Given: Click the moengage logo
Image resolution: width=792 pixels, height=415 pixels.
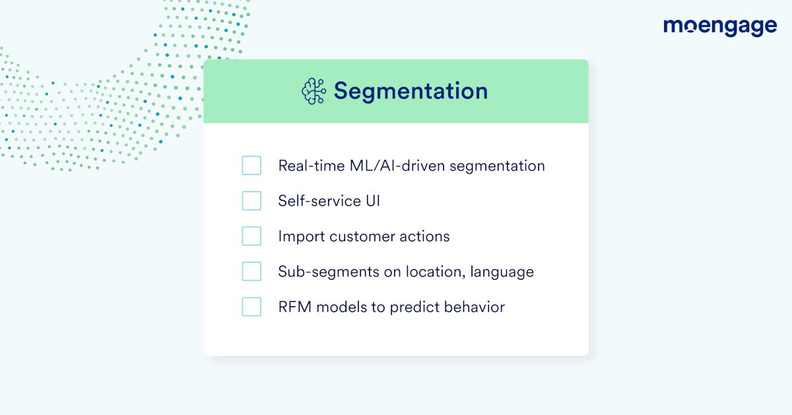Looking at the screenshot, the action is (720, 27).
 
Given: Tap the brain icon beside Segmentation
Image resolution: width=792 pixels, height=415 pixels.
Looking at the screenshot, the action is (314, 91).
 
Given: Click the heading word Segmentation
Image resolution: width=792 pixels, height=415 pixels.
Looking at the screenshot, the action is (411, 92).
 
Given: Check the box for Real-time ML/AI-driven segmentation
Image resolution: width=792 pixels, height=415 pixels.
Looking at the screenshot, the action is (251, 165).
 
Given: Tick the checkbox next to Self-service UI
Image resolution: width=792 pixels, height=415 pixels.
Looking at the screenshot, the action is (251, 201).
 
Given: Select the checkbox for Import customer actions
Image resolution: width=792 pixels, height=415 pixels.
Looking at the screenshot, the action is (251, 236).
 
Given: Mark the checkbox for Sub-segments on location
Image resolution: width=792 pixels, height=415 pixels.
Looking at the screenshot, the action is (251, 271).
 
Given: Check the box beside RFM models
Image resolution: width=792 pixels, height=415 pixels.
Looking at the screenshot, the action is (251, 307).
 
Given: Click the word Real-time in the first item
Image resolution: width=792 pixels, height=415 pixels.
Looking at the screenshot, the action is (312, 166).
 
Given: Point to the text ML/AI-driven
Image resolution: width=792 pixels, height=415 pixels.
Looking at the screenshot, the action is (397, 166).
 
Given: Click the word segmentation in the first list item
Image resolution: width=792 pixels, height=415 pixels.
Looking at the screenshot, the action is (497, 167).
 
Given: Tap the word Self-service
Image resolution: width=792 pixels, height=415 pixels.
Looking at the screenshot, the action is (319, 201).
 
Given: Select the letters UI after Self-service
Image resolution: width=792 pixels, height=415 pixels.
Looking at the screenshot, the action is (373, 201).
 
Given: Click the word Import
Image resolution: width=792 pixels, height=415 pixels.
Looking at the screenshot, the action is (302, 237).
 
